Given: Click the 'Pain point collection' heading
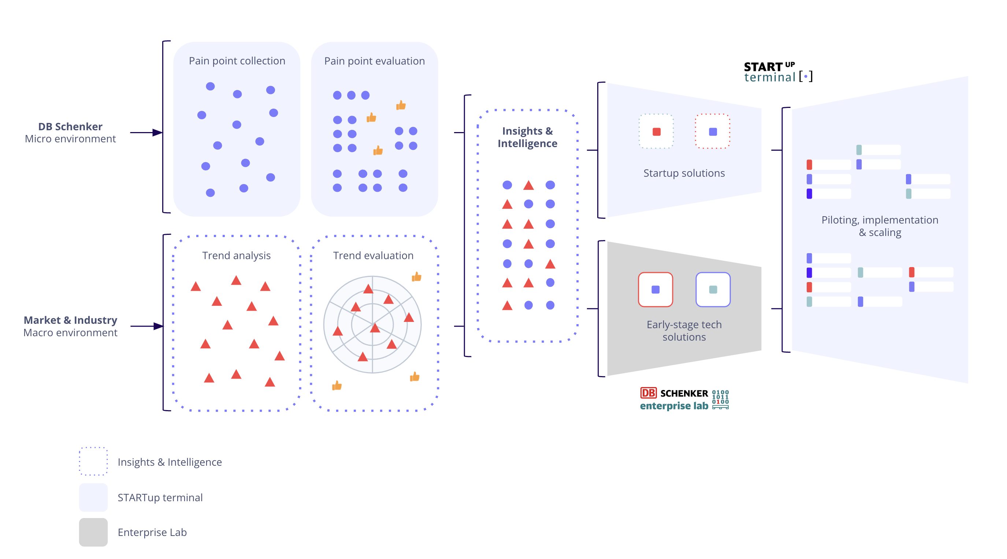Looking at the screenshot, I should click(x=237, y=61).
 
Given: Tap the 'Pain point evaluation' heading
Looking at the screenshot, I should click(x=374, y=61).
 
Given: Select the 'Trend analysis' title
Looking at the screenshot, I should click(x=236, y=255).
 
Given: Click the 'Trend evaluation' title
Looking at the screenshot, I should click(x=373, y=255).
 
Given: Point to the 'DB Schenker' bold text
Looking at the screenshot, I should click(x=70, y=127).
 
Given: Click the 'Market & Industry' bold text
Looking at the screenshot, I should click(x=70, y=320).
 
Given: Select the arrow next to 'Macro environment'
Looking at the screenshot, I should click(x=146, y=326).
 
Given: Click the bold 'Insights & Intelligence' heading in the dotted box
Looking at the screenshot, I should click(x=527, y=137).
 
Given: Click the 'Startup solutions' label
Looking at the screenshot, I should click(x=684, y=173).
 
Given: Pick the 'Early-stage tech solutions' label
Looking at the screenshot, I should click(x=684, y=330).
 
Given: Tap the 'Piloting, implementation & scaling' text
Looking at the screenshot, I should click(x=880, y=226).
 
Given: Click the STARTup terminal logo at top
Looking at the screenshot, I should click(x=777, y=72).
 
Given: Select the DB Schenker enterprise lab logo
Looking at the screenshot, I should click(x=684, y=399).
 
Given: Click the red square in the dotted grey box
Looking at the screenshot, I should click(x=656, y=132).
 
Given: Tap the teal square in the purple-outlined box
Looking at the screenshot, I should click(x=713, y=289).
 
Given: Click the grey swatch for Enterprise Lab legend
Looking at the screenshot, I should click(x=93, y=532).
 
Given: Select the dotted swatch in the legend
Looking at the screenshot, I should click(x=93, y=461).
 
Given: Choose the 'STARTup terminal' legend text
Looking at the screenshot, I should click(x=160, y=497).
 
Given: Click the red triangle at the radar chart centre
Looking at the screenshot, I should click(x=375, y=328).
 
